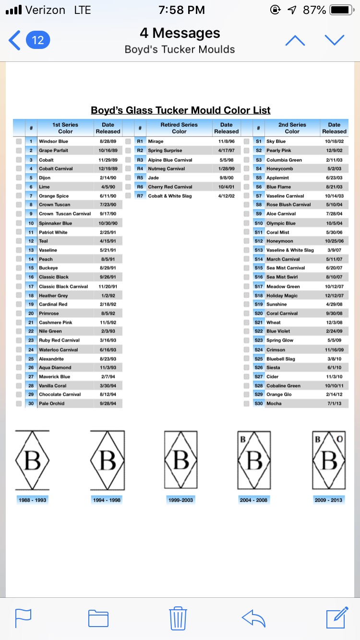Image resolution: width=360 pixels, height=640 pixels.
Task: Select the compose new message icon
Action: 337,617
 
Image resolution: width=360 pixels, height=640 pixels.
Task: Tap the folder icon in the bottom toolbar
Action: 98,618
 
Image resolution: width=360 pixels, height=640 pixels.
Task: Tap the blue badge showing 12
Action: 37,40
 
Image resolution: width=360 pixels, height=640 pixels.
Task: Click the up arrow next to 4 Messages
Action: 295,40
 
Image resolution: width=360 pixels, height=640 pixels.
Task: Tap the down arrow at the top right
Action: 335,40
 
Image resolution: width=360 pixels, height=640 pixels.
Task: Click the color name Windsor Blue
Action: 54,142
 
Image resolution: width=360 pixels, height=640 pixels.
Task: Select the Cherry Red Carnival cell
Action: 170,187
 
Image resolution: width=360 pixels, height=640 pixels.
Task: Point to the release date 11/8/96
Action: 226,142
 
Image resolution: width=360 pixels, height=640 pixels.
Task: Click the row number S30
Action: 259,403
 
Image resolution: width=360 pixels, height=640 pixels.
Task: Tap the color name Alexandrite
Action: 51,359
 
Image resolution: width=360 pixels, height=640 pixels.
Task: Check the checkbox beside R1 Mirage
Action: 128,142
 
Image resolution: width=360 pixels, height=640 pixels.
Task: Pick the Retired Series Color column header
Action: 179,128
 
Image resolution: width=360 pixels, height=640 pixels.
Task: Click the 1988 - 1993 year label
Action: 33,500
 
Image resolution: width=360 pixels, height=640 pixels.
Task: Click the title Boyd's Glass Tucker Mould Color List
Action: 180,110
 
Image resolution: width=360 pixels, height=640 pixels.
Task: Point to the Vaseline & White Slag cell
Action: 290,250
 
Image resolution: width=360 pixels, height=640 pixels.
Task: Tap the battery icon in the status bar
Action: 342,10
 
